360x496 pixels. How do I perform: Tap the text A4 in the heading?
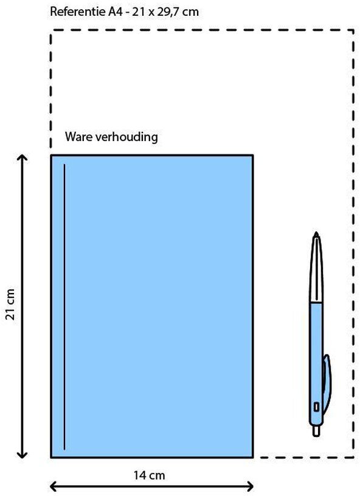click(115, 12)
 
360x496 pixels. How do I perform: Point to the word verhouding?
click(126, 137)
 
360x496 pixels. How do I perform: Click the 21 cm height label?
click(10, 305)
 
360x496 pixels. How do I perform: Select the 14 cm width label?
click(149, 475)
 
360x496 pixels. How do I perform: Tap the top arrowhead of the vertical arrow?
click(22, 157)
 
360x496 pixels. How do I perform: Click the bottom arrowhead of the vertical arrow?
click(22, 455)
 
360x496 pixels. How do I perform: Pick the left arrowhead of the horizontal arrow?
click(54, 486)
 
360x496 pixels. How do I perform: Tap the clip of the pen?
click(326, 384)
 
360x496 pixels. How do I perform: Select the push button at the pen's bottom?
click(316, 431)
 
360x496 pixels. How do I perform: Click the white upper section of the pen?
click(316, 269)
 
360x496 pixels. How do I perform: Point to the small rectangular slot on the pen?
click(316, 407)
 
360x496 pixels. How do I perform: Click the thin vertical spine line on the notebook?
click(64, 306)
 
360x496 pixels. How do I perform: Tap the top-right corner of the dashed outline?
click(353, 30)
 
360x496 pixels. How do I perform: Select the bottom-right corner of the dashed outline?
click(353, 457)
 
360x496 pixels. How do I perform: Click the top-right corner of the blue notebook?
click(253, 156)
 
